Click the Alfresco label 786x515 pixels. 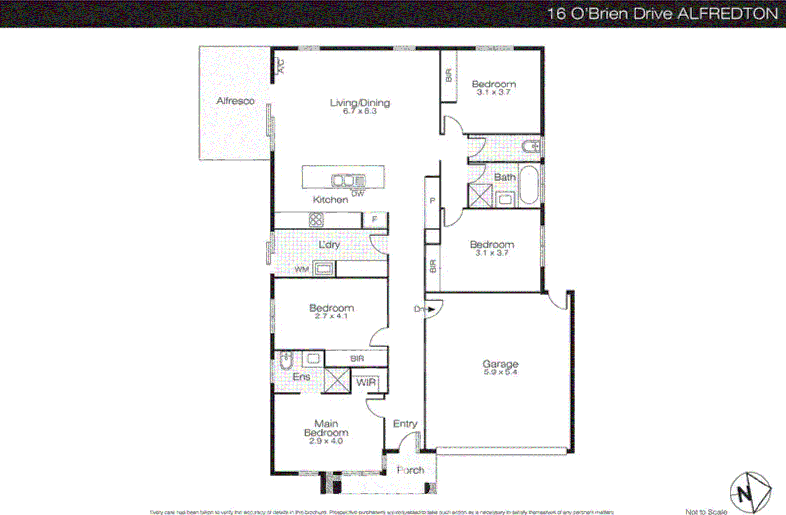tap(235, 101)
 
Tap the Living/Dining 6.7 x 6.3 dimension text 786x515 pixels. tap(360, 112)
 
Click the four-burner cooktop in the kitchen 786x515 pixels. tap(316, 220)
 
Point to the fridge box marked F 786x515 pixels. tap(375, 220)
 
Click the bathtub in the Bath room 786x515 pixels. tap(529, 185)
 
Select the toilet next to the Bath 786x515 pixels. tap(531, 146)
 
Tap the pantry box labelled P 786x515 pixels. tap(432, 200)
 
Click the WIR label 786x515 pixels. tap(366, 382)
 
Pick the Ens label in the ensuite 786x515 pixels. tap(301, 377)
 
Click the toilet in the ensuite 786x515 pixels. tap(285, 362)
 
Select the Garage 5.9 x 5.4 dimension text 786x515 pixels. tap(500, 372)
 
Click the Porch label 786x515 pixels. tap(411, 470)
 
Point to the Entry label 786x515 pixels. tap(405, 423)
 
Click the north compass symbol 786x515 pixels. tap(749, 492)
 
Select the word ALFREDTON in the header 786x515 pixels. tap(728, 13)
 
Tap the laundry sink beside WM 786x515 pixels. tap(324, 269)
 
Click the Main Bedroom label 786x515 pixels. tap(326, 428)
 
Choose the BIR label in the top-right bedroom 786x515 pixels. tap(448, 75)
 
